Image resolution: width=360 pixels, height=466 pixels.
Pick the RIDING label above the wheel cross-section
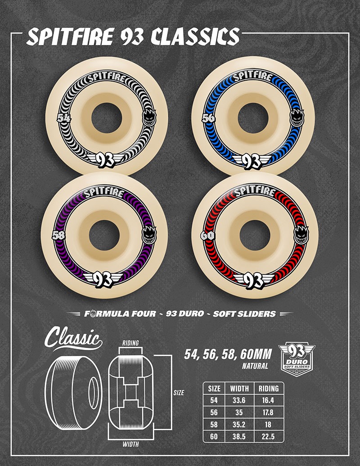point(131,343)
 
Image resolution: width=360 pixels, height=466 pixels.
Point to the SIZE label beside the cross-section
point(179,393)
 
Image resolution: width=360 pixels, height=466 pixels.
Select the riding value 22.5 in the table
point(268,436)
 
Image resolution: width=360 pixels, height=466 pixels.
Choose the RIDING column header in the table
point(268,388)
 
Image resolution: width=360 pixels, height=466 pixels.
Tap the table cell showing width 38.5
point(239,436)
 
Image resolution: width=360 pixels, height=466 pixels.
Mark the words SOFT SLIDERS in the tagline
point(250,314)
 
